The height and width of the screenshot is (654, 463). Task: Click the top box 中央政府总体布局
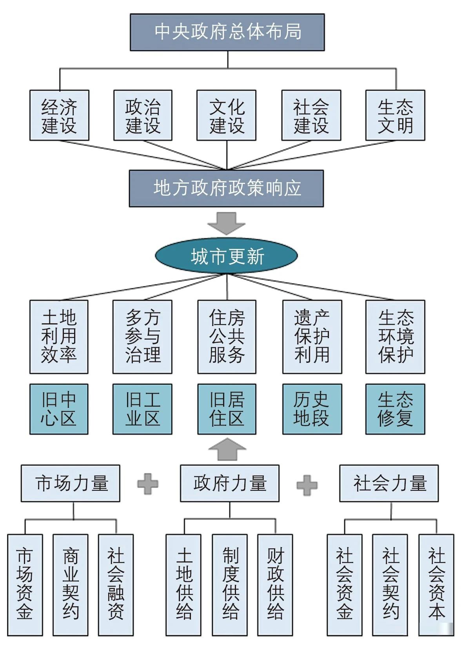(x=227, y=32)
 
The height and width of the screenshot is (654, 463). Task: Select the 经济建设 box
(x=59, y=115)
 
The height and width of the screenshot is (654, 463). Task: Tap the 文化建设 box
(x=226, y=115)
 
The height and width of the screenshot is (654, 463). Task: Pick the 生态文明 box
(x=395, y=115)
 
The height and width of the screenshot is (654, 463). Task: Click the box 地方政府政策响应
(x=226, y=188)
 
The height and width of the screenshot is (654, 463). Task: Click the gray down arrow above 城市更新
(x=226, y=223)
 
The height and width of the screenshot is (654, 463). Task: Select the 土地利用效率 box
(x=59, y=337)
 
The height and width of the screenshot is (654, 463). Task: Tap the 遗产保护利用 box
(x=312, y=337)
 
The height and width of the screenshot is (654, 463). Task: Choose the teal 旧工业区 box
(x=142, y=409)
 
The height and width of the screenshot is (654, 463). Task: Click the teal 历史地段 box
(x=312, y=409)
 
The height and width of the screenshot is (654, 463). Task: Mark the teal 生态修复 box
(x=395, y=409)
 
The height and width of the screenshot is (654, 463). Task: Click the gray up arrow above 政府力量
(x=227, y=449)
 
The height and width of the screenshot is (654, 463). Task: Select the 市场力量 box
(x=71, y=483)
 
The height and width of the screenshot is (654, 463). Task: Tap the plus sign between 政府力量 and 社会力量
(x=307, y=485)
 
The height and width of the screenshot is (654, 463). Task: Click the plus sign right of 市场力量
(x=148, y=484)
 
